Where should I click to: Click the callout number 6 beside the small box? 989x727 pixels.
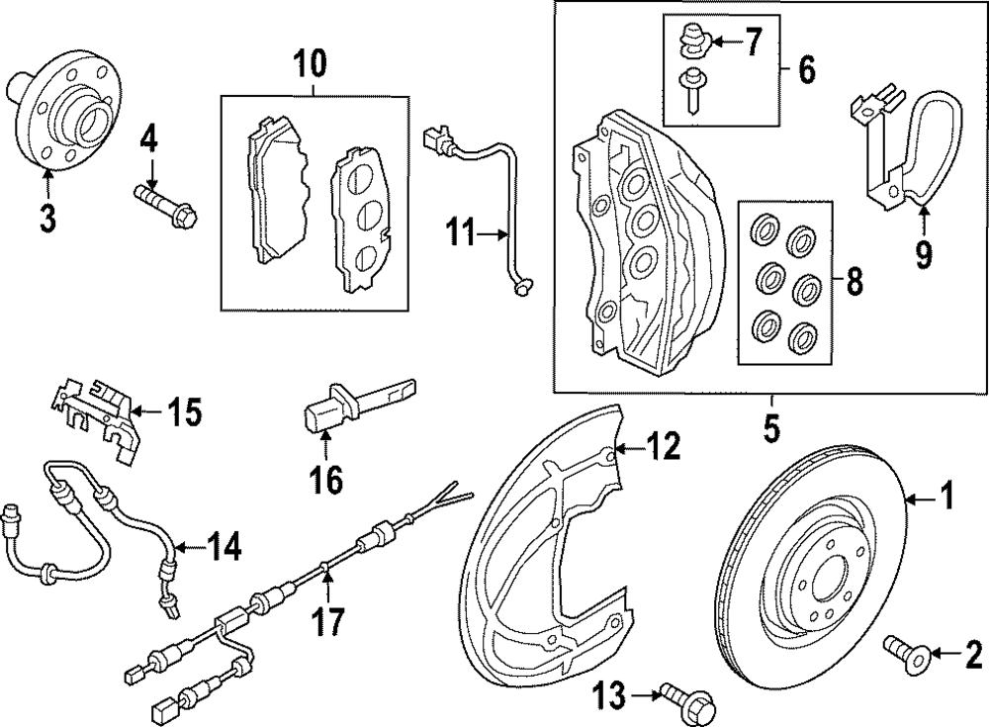806,69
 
